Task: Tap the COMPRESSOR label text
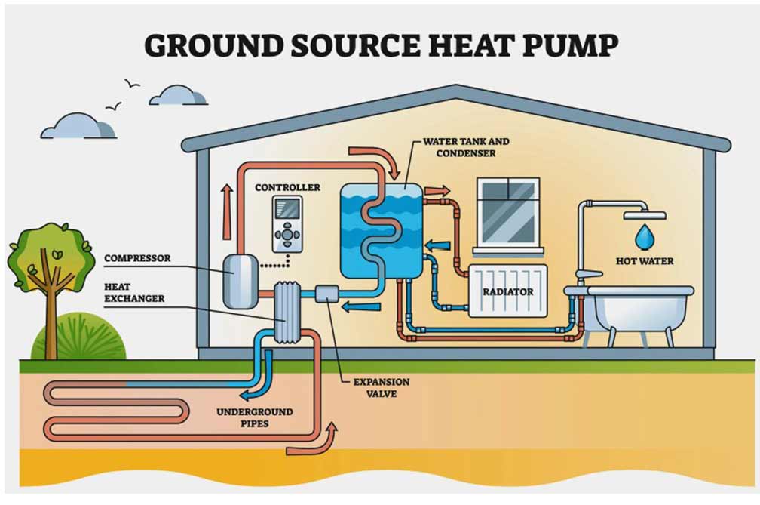pyautogui.click(x=137, y=258)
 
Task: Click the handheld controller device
pyautogui.click(x=287, y=223)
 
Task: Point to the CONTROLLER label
pyautogui.click(x=287, y=187)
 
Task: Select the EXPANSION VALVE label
pyautogui.click(x=381, y=387)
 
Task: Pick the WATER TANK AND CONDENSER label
pyautogui.click(x=465, y=147)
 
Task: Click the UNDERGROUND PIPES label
pyautogui.click(x=254, y=417)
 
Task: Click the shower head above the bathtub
pyautogui.click(x=644, y=214)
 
